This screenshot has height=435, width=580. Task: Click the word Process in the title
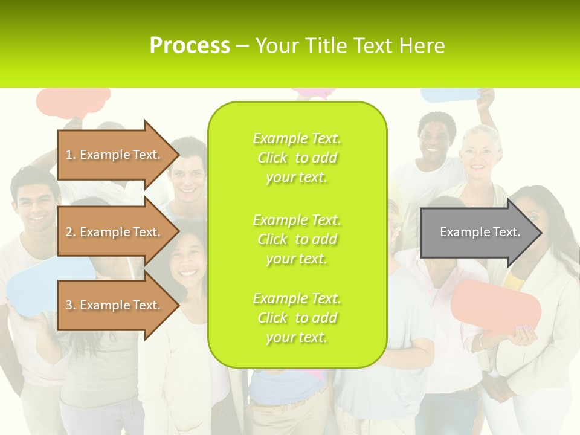tap(190, 46)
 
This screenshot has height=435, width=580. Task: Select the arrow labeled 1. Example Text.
tap(114, 155)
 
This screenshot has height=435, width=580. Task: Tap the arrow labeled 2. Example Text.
tap(114, 232)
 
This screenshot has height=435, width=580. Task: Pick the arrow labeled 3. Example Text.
tap(114, 305)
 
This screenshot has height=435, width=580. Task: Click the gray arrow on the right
tap(480, 232)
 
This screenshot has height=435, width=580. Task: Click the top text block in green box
tap(297, 158)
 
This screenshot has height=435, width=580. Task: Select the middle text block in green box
tap(297, 239)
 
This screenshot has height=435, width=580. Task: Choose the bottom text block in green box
tap(297, 318)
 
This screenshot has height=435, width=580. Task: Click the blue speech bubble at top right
tap(450, 95)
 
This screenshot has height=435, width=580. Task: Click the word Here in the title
tap(421, 46)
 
